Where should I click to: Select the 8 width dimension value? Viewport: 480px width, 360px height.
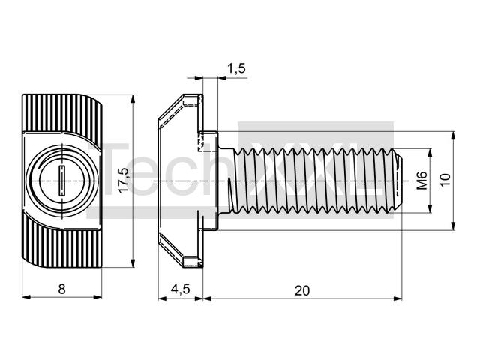(61, 289)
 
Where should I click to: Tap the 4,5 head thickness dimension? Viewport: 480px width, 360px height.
(181, 289)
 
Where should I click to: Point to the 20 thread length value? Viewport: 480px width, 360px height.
(302, 290)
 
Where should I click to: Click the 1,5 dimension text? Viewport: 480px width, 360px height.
(236, 68)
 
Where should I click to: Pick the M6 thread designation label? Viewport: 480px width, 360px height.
(421, 181)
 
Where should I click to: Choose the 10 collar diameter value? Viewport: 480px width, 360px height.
(445, 180)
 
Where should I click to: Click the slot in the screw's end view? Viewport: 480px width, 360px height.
(61, 181)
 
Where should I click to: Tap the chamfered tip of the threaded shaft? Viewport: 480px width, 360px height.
(398, 181)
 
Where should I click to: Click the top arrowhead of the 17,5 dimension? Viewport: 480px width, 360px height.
(133, 99)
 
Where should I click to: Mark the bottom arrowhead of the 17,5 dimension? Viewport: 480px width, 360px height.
(133, 263)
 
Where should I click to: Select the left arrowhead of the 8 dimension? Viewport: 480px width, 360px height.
(27, 297)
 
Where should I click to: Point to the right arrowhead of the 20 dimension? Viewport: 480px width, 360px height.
(397, 298)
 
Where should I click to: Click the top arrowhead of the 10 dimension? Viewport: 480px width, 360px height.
(453, 136)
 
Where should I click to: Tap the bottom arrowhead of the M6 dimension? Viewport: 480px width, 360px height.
(430, 208)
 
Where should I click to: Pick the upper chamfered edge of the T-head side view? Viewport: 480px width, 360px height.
(170, 106)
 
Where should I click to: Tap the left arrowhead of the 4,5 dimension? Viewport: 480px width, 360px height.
(163, 298)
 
